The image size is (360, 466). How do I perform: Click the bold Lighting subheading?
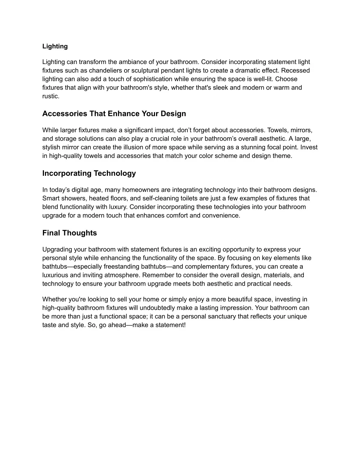pyautogui.click(x=55, y=46)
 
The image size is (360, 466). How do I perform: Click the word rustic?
pyautogui.click(x=51, y=96)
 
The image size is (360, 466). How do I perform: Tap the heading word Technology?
pyautogui.click(x=114, y=173)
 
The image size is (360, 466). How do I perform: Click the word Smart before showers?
pyautogui.click(x=50, y=198)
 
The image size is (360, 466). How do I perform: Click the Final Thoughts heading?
pyautogui.click(x=70, y=233)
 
